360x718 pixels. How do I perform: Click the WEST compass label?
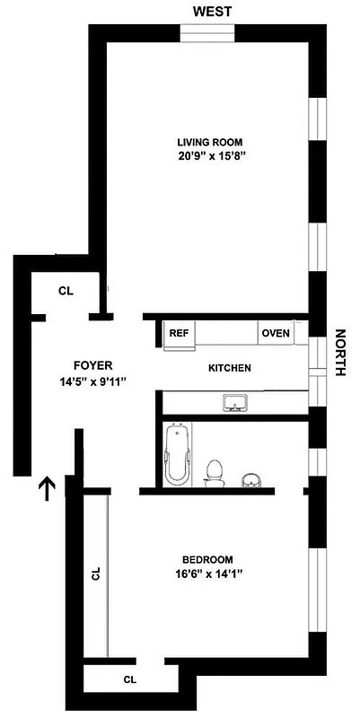point(214,11)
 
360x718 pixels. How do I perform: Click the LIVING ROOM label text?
point(209,142)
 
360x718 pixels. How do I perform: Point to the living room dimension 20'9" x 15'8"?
point(211,155)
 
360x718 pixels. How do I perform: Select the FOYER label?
point(93,365)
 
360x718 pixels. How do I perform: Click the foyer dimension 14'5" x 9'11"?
point(92,381)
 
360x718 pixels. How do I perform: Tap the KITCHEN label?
point(230,368)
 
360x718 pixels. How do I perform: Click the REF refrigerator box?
point(179,333)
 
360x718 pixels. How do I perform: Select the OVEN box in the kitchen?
point(276,333)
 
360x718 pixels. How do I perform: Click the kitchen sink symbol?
point(236,402)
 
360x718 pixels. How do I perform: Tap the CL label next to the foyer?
point(66,291)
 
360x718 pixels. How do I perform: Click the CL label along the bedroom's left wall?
point(96,574)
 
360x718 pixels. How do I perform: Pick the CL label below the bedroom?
point(129,679)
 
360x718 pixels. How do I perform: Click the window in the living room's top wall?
point(207,33)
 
